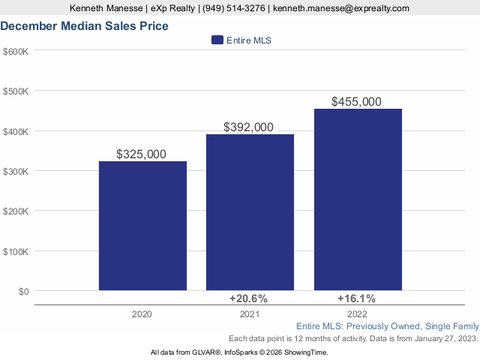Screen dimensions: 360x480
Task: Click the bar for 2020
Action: click(142, 226)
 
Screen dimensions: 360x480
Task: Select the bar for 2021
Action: click(250, 212)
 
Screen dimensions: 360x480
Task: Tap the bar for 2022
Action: click(358, 199)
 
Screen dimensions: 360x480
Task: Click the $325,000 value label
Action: click(142, 154)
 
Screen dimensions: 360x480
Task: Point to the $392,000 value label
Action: click(248, 127)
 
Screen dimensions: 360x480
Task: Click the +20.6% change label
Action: click(248, 298)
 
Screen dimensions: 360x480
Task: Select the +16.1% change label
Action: click(356, 298)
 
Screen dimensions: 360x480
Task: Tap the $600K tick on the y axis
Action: click(16, 51)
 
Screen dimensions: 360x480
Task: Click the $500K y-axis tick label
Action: click(16, 91)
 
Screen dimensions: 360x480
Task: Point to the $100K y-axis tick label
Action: click(16, 251)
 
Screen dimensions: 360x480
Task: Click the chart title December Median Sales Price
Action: click(84, 26)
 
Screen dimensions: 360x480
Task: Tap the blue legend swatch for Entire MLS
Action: click(217, 40)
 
